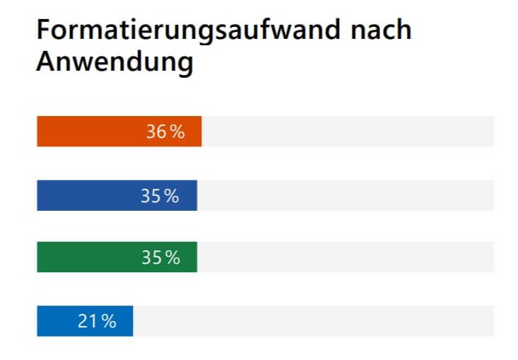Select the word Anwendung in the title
(114, 62)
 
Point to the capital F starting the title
(43, 31)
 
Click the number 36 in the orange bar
(156, 132)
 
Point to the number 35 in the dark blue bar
(151, 196)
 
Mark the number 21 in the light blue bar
(87, 321)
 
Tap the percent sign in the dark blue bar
(171, 196)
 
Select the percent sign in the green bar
(172, 257)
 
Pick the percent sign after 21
(107, 321)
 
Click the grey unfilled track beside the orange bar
(348, 132)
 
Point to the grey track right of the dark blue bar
(346, 196)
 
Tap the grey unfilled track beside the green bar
(346, 257)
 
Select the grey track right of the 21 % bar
(314, 321)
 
